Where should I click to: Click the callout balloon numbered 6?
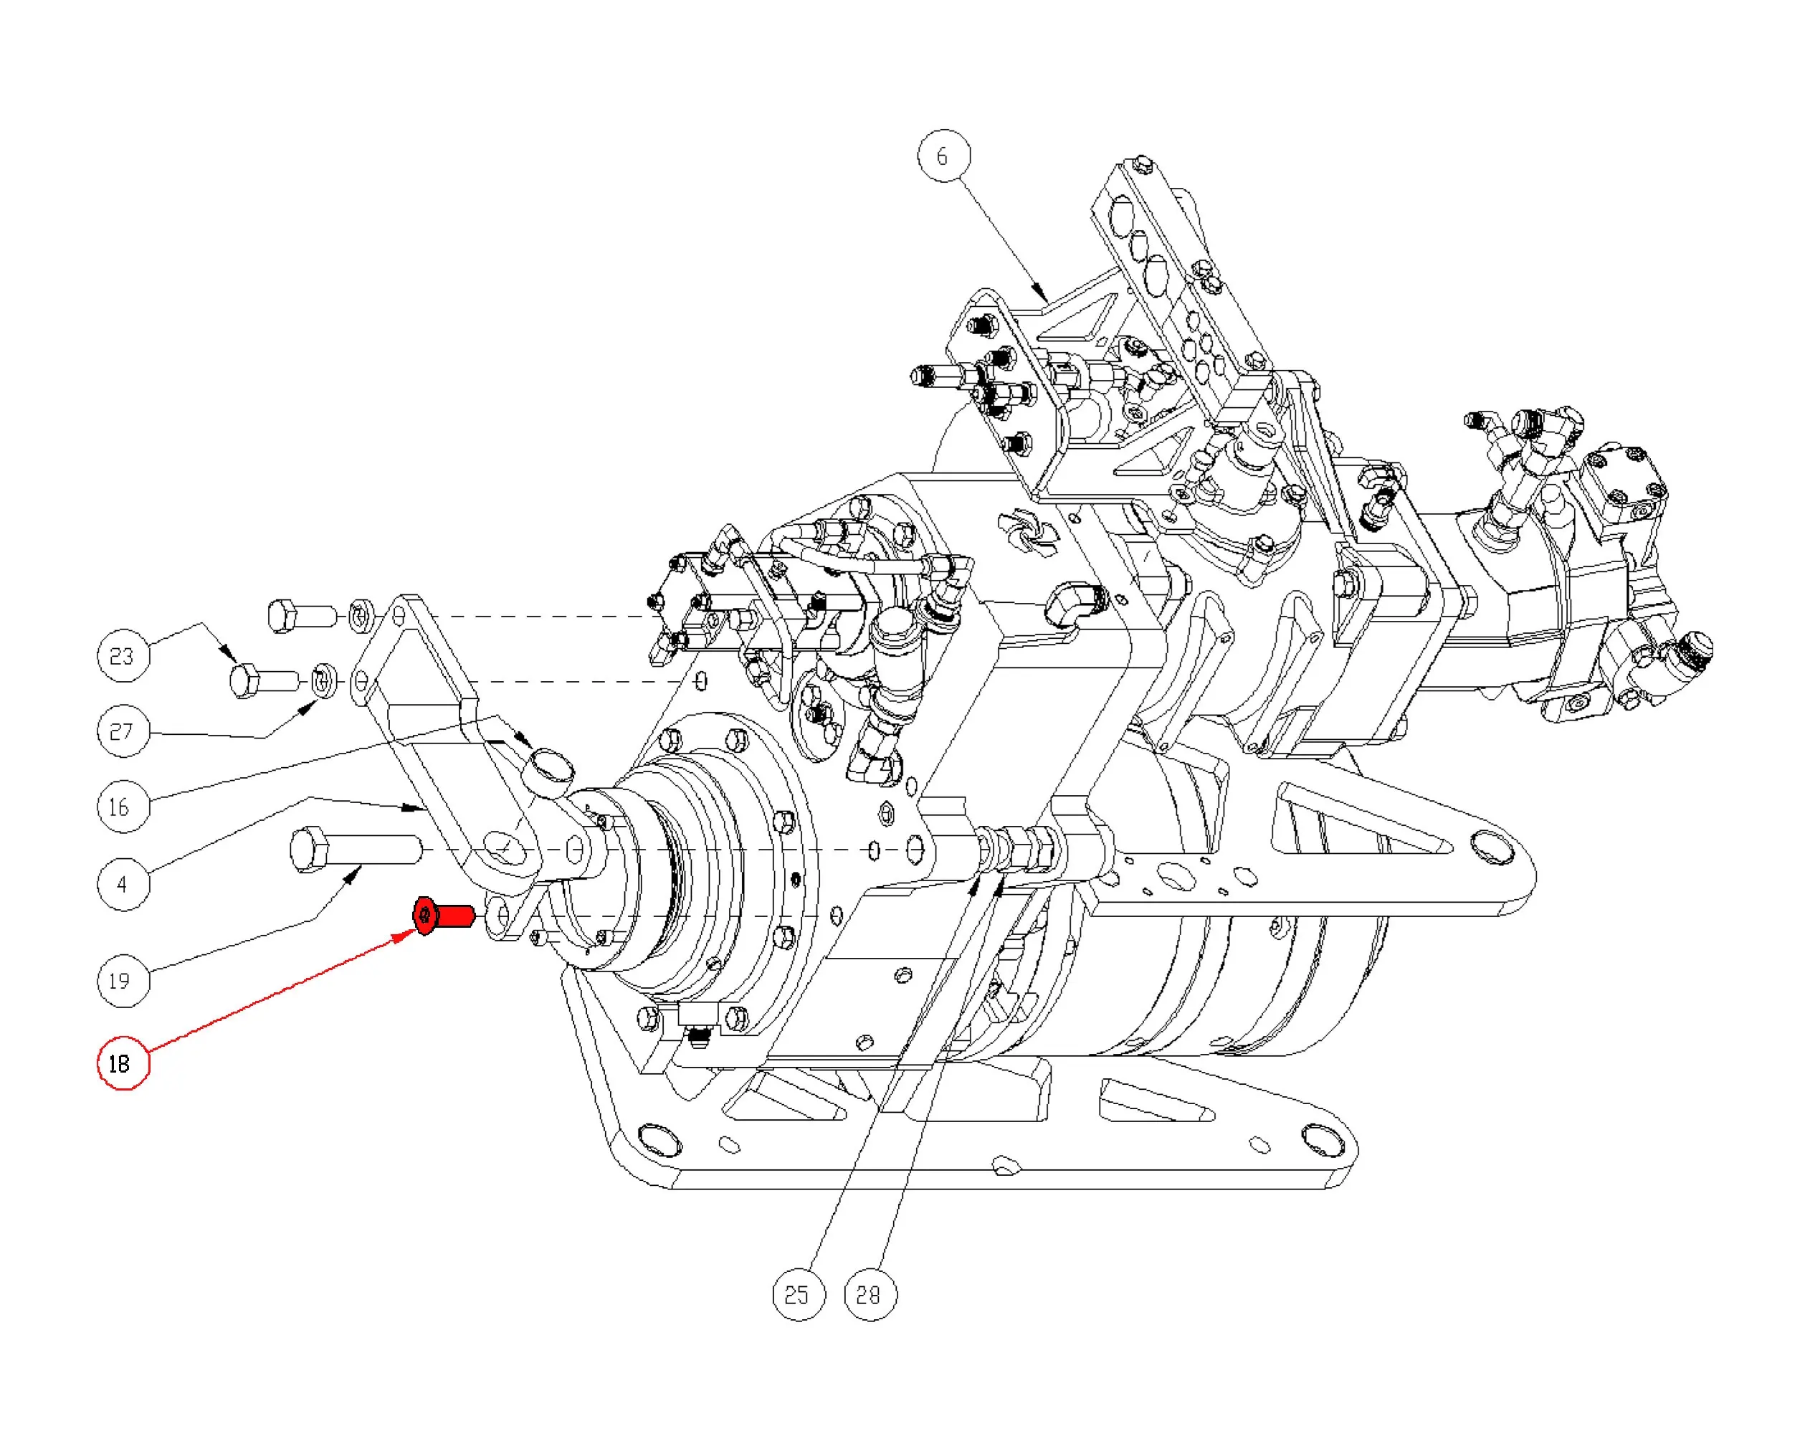pos(942,156)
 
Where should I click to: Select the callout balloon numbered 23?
pos(123,655)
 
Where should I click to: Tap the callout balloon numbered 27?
pos(123,731)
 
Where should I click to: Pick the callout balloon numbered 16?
pos(123,807)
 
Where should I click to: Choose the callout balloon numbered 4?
pos(123,883)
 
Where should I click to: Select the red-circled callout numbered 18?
pos(123,1064)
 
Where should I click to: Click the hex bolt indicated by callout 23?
pos(263,680)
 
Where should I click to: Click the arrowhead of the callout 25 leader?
pos(976,883)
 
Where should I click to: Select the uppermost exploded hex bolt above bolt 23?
pos(300,616)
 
